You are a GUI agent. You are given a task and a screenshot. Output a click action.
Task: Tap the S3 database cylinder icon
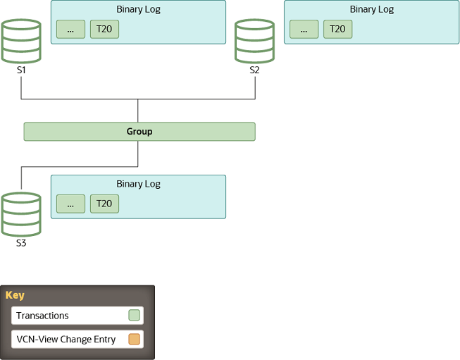21,214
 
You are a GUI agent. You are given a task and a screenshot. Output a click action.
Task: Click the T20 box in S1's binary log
104,30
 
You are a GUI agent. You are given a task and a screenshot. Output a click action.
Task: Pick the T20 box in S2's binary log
337,30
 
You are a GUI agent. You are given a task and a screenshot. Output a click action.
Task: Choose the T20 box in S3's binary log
104,204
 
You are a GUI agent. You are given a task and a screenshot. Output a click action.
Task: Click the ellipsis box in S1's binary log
70,30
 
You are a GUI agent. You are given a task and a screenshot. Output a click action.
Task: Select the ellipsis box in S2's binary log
304,30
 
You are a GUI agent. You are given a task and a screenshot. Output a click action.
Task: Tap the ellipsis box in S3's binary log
70,204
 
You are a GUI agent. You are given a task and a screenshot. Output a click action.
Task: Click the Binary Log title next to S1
138,10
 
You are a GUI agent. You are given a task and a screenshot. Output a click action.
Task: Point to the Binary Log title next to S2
371,10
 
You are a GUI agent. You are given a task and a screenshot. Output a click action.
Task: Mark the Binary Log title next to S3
138,184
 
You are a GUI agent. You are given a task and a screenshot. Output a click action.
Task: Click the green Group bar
139,132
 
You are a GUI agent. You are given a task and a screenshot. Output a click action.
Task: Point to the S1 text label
21,70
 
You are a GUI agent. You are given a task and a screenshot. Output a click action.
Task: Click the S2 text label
254,70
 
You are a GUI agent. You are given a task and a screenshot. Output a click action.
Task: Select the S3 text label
21,244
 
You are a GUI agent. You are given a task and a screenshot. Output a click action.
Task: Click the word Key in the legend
15,295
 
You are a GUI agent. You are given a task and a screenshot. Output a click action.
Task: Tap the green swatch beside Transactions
134,316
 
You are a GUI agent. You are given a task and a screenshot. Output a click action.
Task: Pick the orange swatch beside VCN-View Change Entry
134,340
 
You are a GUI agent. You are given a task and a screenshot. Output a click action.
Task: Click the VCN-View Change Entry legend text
66,340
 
